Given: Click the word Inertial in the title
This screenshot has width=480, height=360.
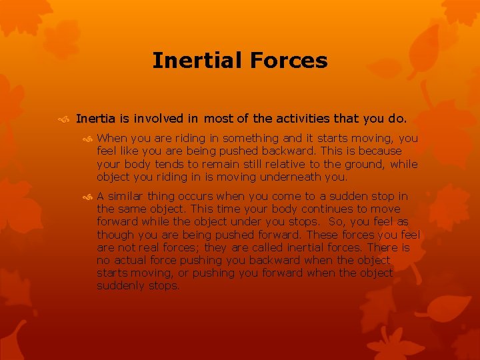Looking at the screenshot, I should pos(197,61).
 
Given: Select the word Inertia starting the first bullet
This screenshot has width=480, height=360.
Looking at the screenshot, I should pos(96,119).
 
